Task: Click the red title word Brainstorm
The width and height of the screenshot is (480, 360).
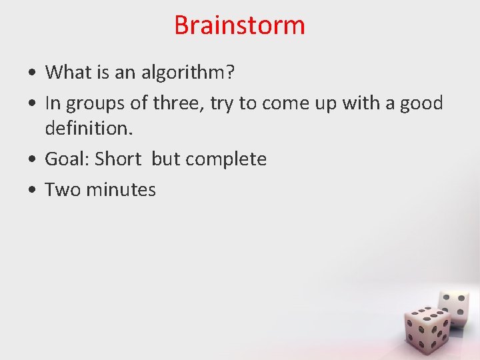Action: tap(239, 25)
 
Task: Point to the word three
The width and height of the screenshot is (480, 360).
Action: tap(176, 104)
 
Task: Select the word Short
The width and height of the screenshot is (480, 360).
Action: tap(118, 159)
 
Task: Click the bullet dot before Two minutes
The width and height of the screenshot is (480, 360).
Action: tap(32, 191)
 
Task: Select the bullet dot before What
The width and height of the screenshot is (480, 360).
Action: tap(32, 73)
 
